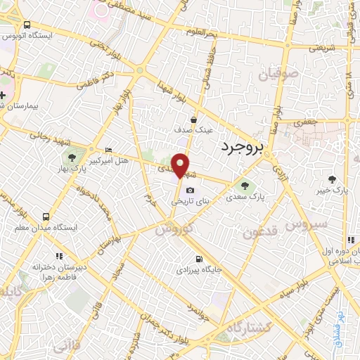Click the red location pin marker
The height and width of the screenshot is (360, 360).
coord(181,165)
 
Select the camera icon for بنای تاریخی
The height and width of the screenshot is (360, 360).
coord(189,191)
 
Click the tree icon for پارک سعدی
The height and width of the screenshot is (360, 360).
coord(245,186)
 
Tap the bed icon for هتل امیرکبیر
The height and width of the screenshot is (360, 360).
coord(108,151)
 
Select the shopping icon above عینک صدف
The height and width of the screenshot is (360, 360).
coord(193,120)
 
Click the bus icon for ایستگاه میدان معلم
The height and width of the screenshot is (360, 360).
coord(46,217)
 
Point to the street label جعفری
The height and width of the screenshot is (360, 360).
coord(306,120)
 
